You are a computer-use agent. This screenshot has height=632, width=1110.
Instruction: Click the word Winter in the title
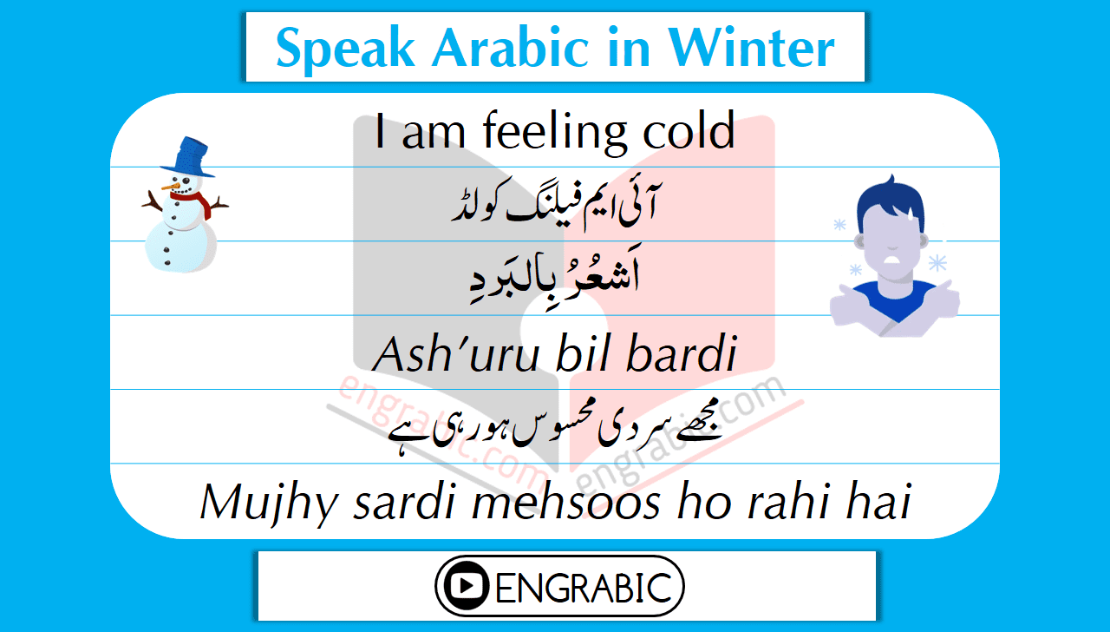[751, 48]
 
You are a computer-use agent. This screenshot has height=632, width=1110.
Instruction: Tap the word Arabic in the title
[511, 48]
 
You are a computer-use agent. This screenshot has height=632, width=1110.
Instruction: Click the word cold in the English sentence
[689, 130]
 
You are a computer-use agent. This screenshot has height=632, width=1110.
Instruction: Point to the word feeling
[555, 133]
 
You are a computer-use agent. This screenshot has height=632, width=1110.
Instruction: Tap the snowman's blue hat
[187, 157]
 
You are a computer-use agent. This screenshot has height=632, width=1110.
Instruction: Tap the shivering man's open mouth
[892, 259]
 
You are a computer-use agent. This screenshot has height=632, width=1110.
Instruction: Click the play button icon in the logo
[467, 586]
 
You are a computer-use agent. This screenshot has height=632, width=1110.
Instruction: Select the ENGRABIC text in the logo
[584, 588]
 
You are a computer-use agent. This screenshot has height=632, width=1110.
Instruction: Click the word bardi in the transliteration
[682, 353]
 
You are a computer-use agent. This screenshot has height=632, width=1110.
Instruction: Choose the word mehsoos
[566, 502]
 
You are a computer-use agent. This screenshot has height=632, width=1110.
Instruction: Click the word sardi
[404, 502]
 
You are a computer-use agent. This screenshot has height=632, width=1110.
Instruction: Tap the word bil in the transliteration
[583, 353]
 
